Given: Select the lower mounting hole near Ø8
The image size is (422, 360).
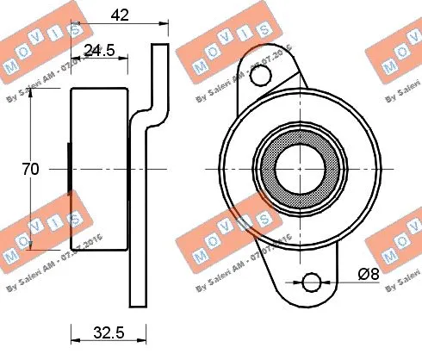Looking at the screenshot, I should (x=312, y=282).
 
